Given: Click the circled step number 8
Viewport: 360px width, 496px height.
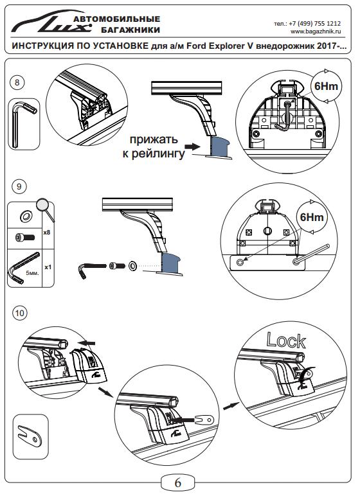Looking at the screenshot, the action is [x=17, y=83].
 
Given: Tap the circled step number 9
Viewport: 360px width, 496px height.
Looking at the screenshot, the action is [x=19, y=186].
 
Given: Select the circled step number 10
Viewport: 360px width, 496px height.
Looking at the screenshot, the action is [x=19, y=313].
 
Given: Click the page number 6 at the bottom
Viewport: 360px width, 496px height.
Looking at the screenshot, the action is [x=177, y=483].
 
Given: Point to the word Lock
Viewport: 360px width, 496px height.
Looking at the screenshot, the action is [x=286, y=341].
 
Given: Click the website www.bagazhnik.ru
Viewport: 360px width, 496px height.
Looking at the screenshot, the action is [x=316, y=31].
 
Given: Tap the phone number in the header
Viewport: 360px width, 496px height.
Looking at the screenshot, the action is [x=307, y=23].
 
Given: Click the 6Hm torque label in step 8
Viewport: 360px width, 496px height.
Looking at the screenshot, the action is [x=326, y=86].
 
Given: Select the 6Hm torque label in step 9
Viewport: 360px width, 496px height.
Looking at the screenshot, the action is [x=312, y=217].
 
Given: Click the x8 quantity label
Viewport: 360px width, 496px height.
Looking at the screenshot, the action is [x=47, y=232].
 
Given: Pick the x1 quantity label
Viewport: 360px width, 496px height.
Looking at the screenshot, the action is [x=48, y=267].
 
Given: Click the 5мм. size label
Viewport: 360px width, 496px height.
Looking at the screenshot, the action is [x=32, y=272].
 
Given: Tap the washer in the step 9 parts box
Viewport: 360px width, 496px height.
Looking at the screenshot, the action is [x=26, y=217].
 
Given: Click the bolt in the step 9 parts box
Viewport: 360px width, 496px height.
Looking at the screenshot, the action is [x=25, y=236].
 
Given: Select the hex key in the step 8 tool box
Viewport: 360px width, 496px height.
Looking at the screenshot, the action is [x=23, y=124].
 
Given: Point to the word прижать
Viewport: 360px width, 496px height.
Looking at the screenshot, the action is [x=154, y=139].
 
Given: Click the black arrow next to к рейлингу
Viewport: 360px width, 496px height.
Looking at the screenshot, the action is [x=193, y=146].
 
